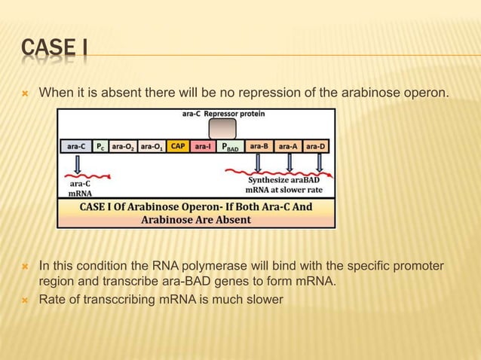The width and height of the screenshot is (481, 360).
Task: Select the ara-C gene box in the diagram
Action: point(76,147)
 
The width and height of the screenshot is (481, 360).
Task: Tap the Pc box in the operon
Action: point(101,147)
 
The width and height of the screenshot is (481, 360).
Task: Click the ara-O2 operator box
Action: point(124,147)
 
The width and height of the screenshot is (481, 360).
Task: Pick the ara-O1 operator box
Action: point(152,147)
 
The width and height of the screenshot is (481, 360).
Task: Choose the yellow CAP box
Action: point(179,147)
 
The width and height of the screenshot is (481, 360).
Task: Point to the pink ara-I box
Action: point(203,147)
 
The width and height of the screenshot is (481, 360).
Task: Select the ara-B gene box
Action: point(259,147)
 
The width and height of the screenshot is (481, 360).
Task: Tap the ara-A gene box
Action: point(289,147)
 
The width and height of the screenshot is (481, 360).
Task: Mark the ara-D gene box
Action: point(317,147)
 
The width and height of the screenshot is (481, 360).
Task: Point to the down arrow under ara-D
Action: point(319,163)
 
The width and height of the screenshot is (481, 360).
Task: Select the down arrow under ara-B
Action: point(259,163)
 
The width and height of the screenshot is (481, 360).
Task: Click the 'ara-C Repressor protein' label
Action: point(223,114)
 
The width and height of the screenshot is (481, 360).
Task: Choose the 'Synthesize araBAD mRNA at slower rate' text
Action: point(286,185)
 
